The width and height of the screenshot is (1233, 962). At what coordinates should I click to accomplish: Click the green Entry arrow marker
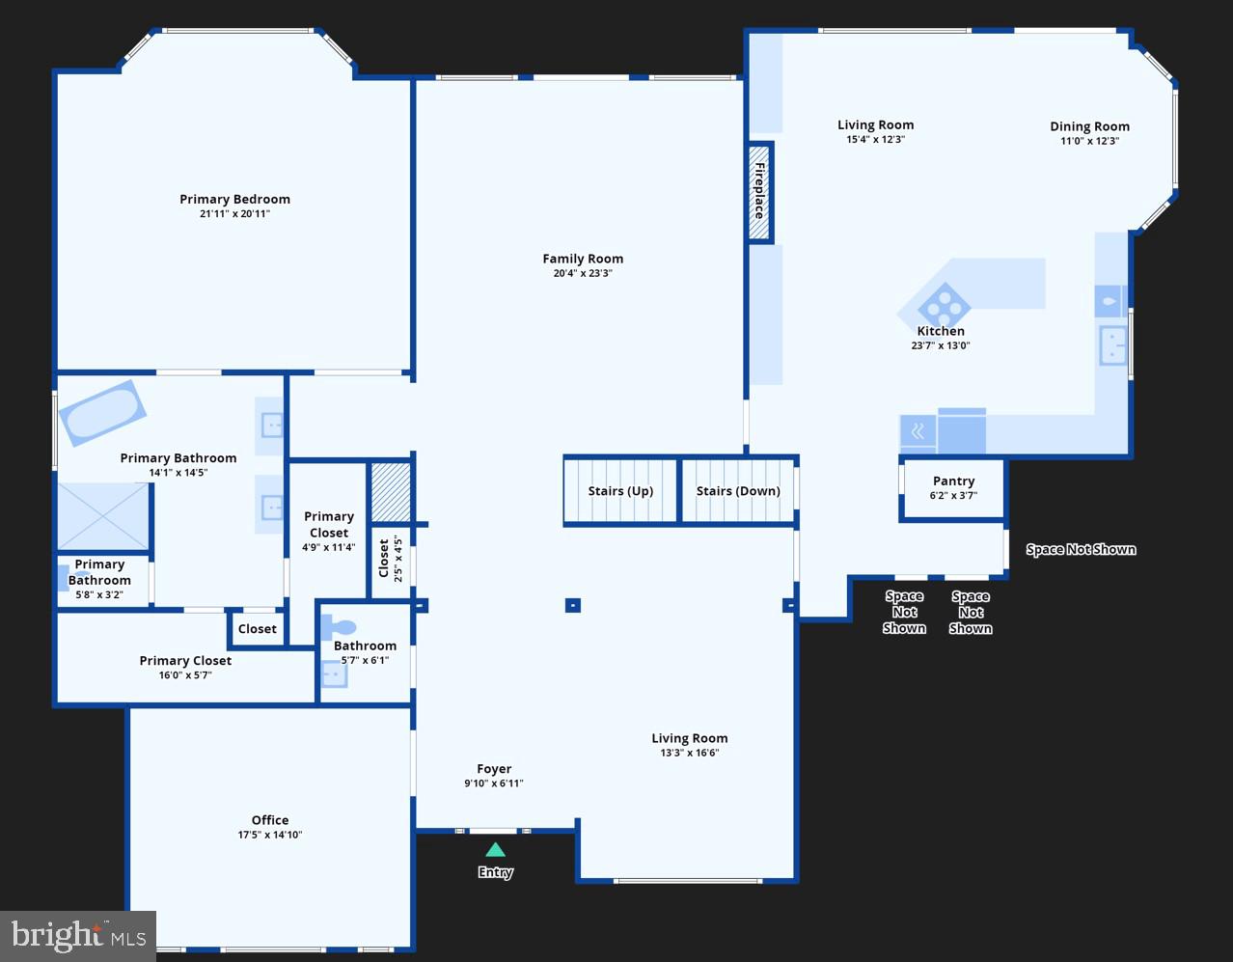click(495, 850)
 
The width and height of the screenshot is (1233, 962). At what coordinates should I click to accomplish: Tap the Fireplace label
click(760, 190)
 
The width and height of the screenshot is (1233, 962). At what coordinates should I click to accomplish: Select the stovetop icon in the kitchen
click(944, 308)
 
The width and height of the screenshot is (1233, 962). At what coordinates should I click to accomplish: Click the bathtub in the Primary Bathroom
click(101, 413)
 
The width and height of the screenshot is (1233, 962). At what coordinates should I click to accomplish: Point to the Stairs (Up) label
click(620, 491)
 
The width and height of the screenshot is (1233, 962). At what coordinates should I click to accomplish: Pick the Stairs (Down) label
click(738, 491)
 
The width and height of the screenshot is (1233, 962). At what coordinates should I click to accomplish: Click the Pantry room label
click(953, 481)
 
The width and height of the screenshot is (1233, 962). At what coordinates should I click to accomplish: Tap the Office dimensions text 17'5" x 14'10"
click(270, 835)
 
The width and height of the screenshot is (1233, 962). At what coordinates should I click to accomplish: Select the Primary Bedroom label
click(234, 199)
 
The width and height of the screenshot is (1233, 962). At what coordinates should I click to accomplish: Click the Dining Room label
click(1089, 126)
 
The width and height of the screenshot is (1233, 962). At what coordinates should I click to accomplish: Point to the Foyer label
click(494, 769)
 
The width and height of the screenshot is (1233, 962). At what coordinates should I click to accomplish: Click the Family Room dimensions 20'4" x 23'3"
click(583, 273)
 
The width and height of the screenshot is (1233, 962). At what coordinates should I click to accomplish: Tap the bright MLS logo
click(78, 935)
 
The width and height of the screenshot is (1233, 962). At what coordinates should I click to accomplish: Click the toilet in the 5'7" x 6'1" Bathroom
click(339, 628)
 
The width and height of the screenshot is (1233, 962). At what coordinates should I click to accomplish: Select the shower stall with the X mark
click(102, 516)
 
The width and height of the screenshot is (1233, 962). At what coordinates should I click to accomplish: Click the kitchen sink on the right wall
click(1112, 345)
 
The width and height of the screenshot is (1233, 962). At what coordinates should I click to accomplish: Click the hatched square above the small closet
click(391, 492)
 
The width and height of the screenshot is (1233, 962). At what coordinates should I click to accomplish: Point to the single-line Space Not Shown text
click(1081, 549)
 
